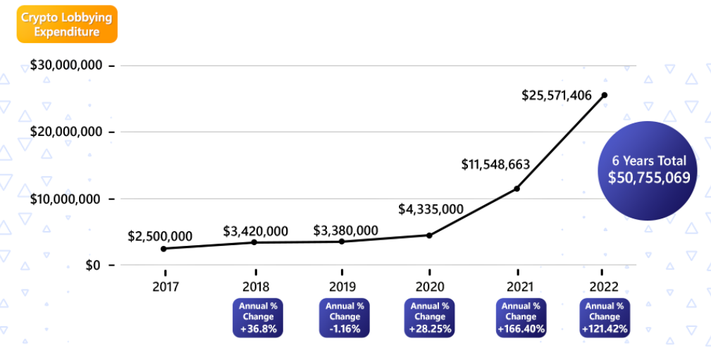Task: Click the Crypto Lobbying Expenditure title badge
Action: (58, 25)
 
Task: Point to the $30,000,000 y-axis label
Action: (67, 66)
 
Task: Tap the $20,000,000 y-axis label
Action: (67, 132)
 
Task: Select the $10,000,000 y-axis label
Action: (67, 199)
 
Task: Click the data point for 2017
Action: (164, 249)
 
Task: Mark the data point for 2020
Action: (429, 235)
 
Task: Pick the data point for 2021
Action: (517, 189)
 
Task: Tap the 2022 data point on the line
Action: (604, 95)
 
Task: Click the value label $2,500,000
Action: (160, 236)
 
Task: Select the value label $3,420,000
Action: (256, 230)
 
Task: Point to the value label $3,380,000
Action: (345, 230)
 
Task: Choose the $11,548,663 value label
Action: (495, 164)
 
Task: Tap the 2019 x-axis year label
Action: (342, 286)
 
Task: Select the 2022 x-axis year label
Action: (604, 286)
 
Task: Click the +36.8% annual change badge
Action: (258, 318)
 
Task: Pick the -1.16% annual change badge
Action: (345, 318)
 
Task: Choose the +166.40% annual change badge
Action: (518, 318)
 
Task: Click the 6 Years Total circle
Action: (649, 170)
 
